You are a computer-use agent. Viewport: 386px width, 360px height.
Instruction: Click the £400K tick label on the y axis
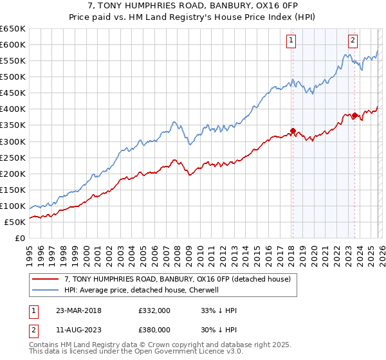click(13, 109)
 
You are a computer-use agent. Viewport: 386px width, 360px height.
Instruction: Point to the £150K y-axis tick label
click(13, 190)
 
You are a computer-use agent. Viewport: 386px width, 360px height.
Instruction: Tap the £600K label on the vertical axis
click(13, 45)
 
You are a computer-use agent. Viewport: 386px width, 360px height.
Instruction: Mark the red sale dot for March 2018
click(293, 130)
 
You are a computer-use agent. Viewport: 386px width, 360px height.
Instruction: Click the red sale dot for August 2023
click(354, 116)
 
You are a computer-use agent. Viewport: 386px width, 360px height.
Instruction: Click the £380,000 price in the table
click(154, 329)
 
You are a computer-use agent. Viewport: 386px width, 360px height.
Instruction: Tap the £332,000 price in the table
click(154, 311)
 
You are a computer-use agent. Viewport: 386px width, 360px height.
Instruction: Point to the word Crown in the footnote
click(158, 346)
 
